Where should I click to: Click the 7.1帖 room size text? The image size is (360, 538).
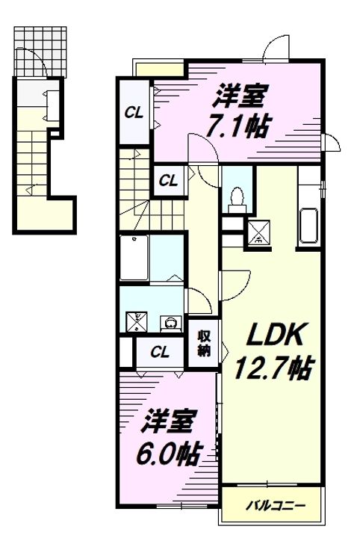pos(236,126)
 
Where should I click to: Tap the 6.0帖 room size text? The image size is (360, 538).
pos(168,454)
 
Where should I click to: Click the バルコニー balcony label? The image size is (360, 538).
pos(276,505)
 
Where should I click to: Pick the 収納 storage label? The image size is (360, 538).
pos(204,344)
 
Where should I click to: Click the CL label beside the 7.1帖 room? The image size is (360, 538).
pos(134,113)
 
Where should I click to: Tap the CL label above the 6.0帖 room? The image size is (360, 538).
pos(160,352)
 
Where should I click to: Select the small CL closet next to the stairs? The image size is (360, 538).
pos(168,180)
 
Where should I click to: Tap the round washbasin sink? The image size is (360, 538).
pos(170,324)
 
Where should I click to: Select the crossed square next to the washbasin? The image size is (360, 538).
pos(137,321)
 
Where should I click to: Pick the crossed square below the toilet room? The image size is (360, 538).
pos(259,232)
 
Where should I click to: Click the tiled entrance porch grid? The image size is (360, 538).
pos(40,52)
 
